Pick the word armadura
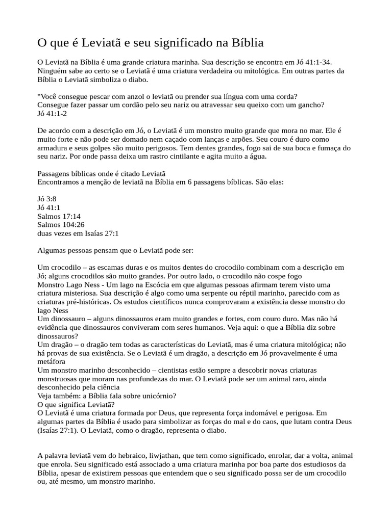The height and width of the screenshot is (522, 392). click(x=54, y=140)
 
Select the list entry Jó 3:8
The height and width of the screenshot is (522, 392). click(x=47, y=199)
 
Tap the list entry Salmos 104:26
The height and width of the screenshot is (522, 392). click(x=61, y=225)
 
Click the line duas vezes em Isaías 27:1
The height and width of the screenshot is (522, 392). click(x=78, y=233)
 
